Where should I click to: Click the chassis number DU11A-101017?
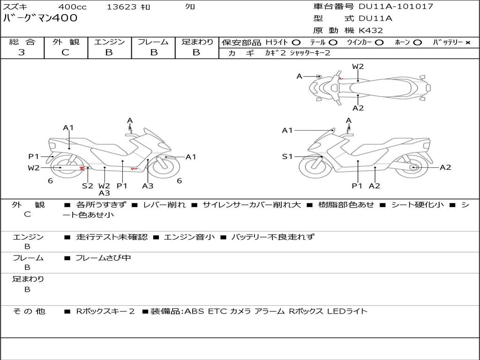coord(396,7)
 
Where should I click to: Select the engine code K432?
coord(371,30)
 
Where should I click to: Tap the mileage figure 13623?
coord(121,7)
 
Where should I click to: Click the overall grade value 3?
coord(22,52)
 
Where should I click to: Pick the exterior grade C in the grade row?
coord(65,52)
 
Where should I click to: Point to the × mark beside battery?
coord(467,43)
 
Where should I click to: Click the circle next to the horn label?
coord(417,43)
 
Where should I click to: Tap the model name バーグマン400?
coord(40,18)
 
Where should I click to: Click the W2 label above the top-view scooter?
coord(358,67)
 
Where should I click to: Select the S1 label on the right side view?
coord(287,157)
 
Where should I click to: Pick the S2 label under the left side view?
coord(87,186)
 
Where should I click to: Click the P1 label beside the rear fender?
coord(34,157)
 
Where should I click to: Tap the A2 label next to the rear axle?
coord(445,167)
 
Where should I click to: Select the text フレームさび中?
coord(103,258)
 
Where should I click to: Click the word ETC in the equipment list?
coord(217,311)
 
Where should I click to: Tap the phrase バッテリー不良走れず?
coord(273,237)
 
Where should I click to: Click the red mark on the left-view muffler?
coord(82,168)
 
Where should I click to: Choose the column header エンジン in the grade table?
coord(109,42)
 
